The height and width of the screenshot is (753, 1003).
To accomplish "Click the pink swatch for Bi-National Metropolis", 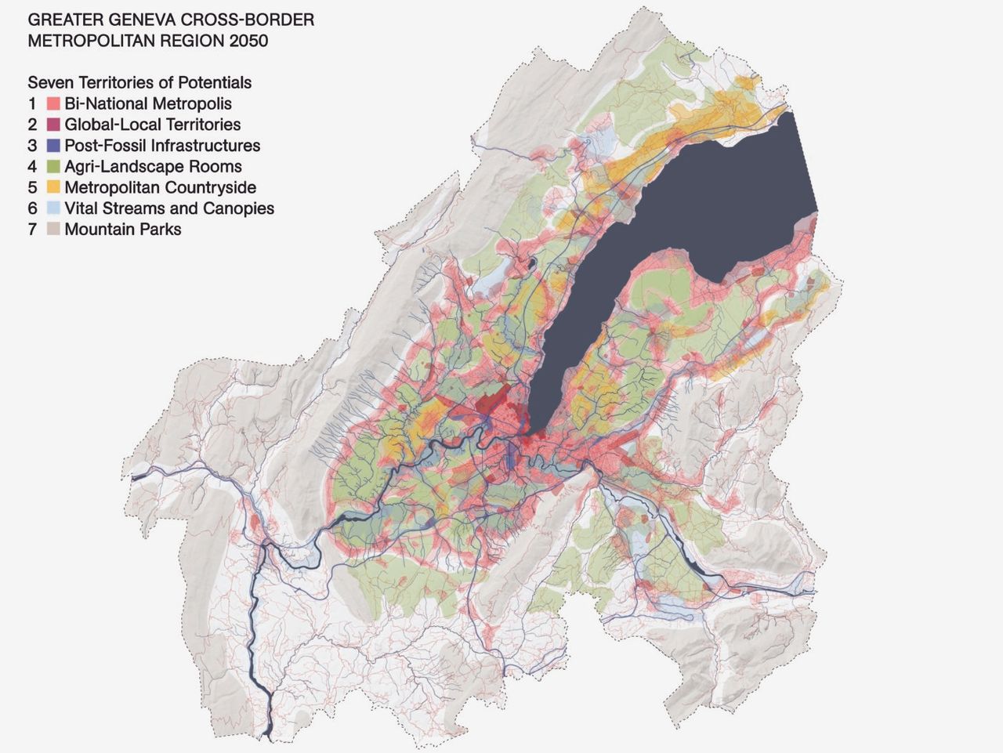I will point(53,103).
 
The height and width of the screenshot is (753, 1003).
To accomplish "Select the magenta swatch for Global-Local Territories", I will point(53,125).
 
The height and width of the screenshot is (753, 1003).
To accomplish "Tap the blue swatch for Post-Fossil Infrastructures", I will point(53,146).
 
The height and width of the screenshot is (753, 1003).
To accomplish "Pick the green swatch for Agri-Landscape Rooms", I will point(53,167).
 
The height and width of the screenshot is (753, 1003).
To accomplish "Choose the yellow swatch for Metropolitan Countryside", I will point(53,188).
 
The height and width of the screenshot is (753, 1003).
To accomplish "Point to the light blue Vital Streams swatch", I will point(53,208).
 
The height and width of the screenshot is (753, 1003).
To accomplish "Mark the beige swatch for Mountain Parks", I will point(53,230).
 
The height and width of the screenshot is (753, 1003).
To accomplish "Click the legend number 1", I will point(32,103).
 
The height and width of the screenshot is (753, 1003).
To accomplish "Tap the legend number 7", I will point(32,230).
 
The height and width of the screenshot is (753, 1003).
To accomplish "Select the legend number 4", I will point(32,167).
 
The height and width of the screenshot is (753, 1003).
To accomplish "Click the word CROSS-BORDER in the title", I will point(252,20).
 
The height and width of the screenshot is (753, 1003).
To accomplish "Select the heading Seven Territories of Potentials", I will point(139,82).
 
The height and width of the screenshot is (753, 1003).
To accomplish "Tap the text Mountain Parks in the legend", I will point(123,230).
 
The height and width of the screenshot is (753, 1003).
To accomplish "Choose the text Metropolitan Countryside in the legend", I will point(160,188).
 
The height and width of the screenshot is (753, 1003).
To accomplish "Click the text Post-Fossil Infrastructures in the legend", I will point(162,146).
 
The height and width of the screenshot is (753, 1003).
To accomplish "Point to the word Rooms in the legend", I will point(219,167).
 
